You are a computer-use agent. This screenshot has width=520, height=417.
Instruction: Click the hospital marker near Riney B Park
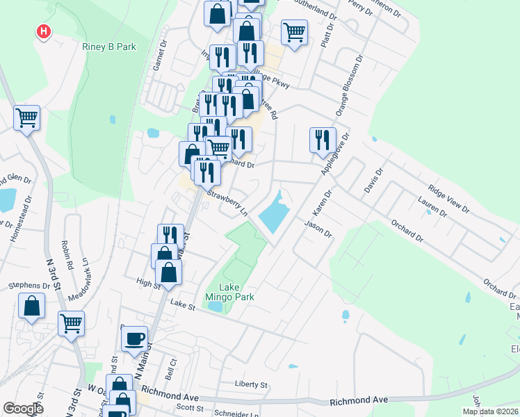[x=44, y=31]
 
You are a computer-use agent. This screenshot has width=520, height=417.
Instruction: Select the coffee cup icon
[x=134, y=339]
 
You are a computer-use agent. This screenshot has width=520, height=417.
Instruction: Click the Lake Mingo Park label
[x=236, y=292]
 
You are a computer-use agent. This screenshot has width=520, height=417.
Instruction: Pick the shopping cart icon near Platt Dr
[x=295, y=32]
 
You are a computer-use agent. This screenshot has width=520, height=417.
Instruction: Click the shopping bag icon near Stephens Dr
[x=31, y=306]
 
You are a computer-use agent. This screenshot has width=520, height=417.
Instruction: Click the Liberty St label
[x=251, y=384]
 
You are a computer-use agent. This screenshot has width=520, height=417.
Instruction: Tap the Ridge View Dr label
[x=448, y=199]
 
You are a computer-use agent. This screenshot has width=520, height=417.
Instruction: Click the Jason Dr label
[x=318, y=229]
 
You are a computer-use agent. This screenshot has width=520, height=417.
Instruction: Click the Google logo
[x=23, y=409]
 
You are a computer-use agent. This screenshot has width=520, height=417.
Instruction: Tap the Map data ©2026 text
[x=489, y=411]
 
